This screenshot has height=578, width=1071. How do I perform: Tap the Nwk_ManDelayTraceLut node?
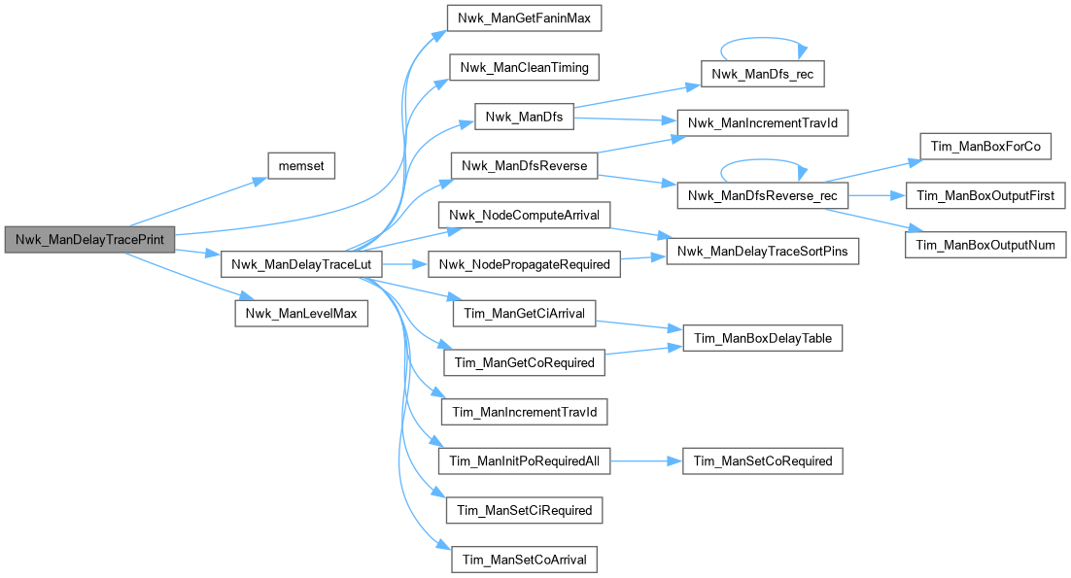click(x=302, y=264)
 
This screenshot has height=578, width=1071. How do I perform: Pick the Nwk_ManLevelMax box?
click(x=301, y=314)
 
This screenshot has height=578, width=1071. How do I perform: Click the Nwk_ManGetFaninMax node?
click(x=524, y=17)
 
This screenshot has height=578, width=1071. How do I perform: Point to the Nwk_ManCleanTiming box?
click(x=524, y=67)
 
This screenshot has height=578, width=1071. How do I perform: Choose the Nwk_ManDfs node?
click(x=524, y=117)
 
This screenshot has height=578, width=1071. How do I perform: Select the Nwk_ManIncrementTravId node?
click(x=763, y=123)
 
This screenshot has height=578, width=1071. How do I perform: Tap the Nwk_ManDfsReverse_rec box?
click(x=763, y=196)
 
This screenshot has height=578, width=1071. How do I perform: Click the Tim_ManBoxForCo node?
click(x=985, y=147)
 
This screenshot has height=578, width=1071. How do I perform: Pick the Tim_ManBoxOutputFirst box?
click(x=985, y=196)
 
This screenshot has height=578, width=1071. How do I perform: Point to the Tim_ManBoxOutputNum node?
click(x=985, y=246)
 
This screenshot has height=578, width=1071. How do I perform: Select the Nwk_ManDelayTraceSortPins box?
click(x=763, y=253)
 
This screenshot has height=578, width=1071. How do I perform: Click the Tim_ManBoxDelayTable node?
click(x=763, y=338)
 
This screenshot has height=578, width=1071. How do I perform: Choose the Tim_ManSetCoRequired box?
click(x=763, y=460)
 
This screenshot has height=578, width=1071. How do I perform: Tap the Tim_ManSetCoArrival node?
click(x=524, y=560)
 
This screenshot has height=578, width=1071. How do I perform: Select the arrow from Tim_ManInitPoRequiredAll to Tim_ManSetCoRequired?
click(x=646, y=460)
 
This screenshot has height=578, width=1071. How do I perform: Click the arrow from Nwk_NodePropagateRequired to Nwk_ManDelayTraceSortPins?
click(x=641, y=258)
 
